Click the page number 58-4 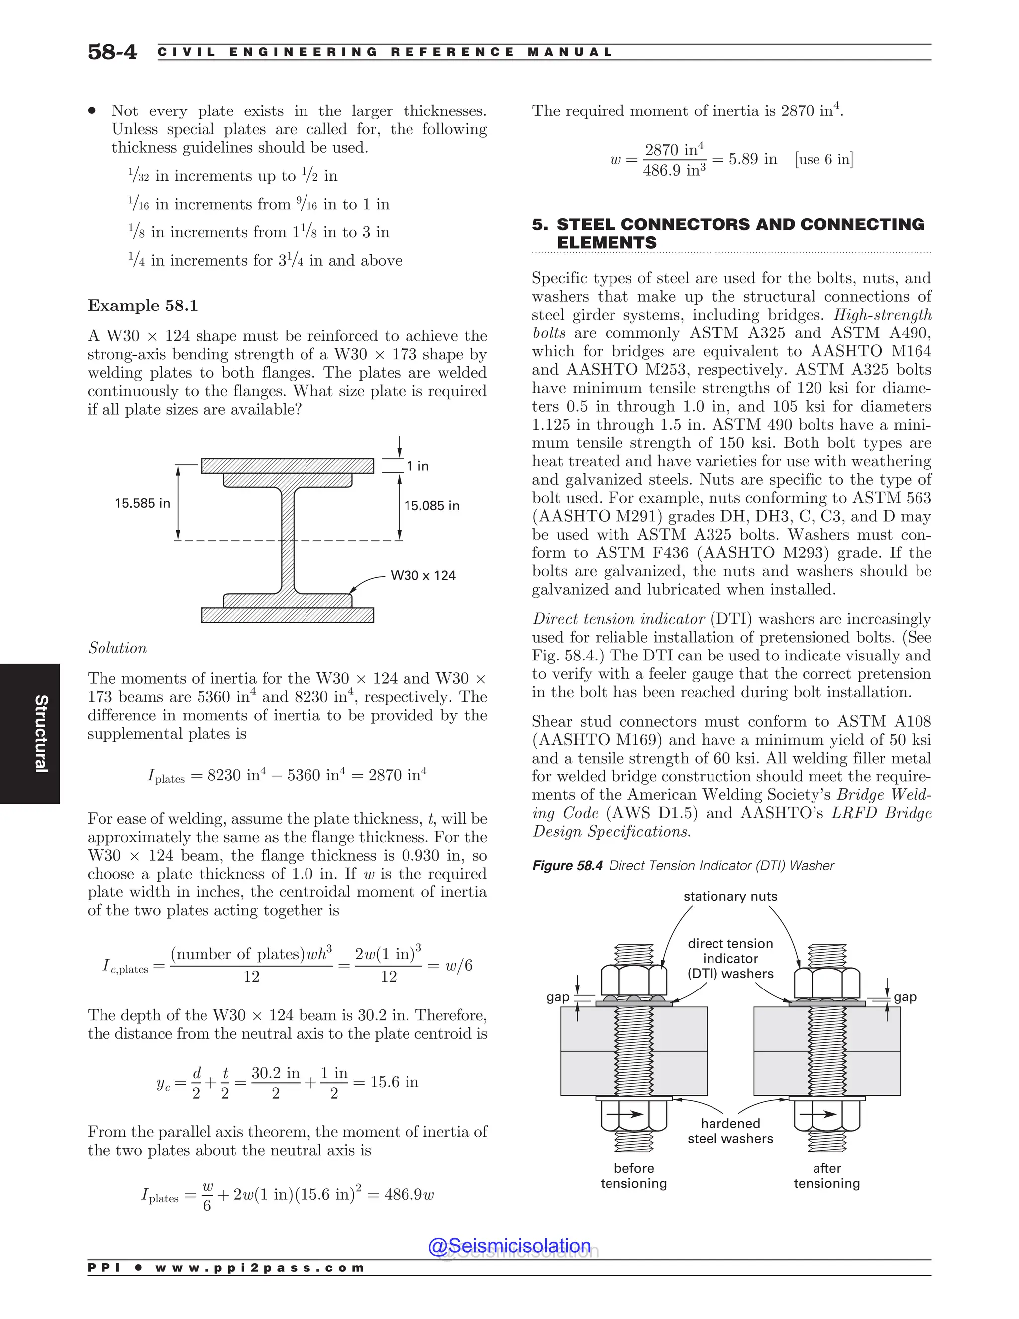112,52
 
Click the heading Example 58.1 142,306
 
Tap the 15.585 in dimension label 142,503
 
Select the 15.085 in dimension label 431,506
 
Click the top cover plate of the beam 288,466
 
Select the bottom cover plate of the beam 288,615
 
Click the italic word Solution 117,648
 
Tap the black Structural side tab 30,734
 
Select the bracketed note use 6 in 824,159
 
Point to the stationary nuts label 730,897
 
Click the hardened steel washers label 730,1131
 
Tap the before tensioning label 633,1176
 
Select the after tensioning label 826,1176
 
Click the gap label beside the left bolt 557,997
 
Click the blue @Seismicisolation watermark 509,1246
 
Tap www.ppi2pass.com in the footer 260,1268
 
